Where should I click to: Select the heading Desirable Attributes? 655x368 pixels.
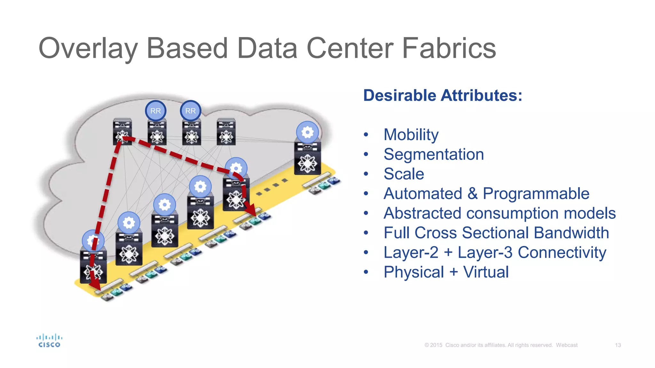point(443,96)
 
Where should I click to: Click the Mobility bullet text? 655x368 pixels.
point(411,134)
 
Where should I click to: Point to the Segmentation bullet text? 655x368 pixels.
point(434,154)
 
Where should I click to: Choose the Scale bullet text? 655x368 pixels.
point(404,174)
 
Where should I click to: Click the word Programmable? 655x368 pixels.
point(536,194)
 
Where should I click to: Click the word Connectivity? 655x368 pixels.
point(562,252)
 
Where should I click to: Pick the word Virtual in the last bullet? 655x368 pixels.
point(486,272)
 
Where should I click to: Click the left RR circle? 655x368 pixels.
point(156,111)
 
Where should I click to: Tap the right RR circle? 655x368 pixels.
point(191,111)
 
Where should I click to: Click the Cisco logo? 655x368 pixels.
point(49,341)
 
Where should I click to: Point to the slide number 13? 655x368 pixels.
point(618,345)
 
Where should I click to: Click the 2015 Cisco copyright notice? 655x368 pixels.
point(501,345)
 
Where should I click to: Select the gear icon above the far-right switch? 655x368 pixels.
point(307,132)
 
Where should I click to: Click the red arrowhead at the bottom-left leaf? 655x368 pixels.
point(94,282)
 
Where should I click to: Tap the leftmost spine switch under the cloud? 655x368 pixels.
point(122,132)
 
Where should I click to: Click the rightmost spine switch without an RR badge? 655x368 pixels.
point(226,132)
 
